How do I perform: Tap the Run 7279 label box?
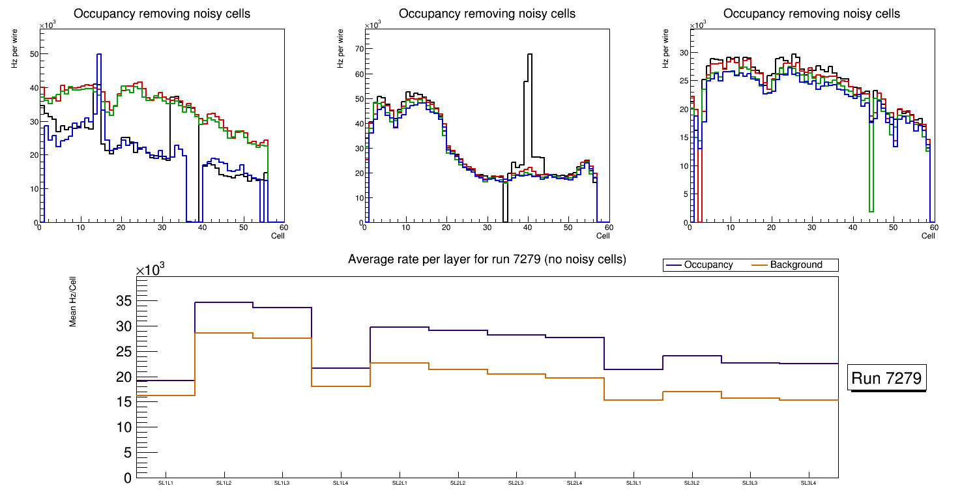click(886, 378)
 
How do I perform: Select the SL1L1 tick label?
click(166, 483)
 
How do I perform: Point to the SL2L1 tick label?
click(400, 483)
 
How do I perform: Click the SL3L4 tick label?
click(809, 483)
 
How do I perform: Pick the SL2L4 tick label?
click(575, 483)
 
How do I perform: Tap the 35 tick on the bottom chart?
click(123, 301)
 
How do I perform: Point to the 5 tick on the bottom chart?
click(127, 453)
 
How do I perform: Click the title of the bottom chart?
click(487, 259)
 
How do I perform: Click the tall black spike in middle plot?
click(529, 55)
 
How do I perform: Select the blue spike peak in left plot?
click(99, 55)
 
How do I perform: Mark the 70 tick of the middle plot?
click(358, 49)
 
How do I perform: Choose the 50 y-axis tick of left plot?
click(34, 54)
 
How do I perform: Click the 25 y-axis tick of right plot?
click(684, 81)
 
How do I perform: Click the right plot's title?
click(812, 14)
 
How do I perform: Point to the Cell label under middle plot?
click(602, 235)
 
